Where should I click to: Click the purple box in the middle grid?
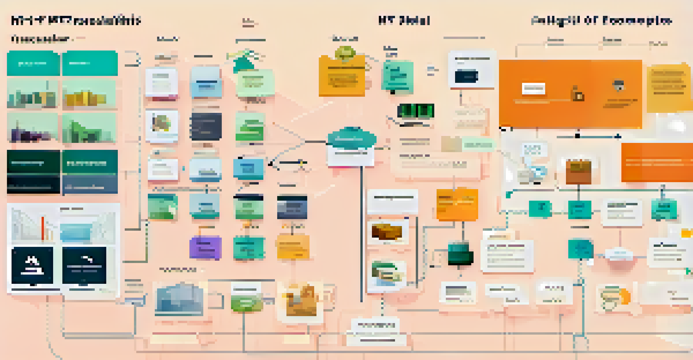point(205,248)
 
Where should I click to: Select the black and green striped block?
point(416,111)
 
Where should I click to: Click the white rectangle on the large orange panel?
point(533,88)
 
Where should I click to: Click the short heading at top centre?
point(404,20)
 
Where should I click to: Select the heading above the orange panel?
point(601,20)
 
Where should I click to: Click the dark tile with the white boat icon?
point(32,265)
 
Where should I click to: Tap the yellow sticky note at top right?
point(669,88)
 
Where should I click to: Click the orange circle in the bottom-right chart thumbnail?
point(625,297)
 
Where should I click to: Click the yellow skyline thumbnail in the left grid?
point(89,95)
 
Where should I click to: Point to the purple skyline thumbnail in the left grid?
point(32,128)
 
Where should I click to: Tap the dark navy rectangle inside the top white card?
point(466,77)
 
